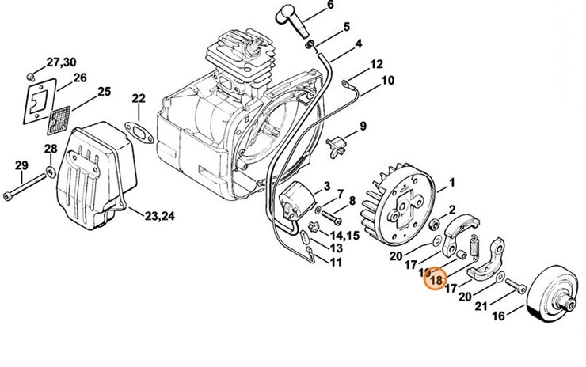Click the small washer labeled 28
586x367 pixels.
(51, 170)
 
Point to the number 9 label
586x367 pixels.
(363, 126)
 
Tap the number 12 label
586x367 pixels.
(375, 64)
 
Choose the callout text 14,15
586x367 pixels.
(347, 235)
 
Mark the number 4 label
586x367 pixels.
(359, 43)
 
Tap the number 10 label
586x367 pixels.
(386, 80)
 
